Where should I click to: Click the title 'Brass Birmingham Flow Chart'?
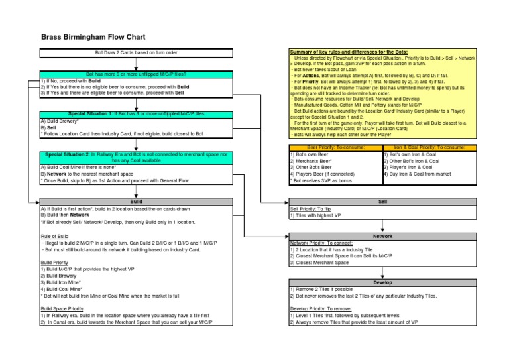point(93,38)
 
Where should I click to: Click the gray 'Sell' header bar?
point(382,201)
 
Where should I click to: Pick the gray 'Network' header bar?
point(382,236)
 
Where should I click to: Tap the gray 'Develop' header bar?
point(382,282)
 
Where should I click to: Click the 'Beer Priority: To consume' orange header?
point(335,147)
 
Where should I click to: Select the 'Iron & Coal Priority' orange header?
point(430,147)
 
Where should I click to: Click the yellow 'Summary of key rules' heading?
point(349,52)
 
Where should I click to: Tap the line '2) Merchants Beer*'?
point(313,160)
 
